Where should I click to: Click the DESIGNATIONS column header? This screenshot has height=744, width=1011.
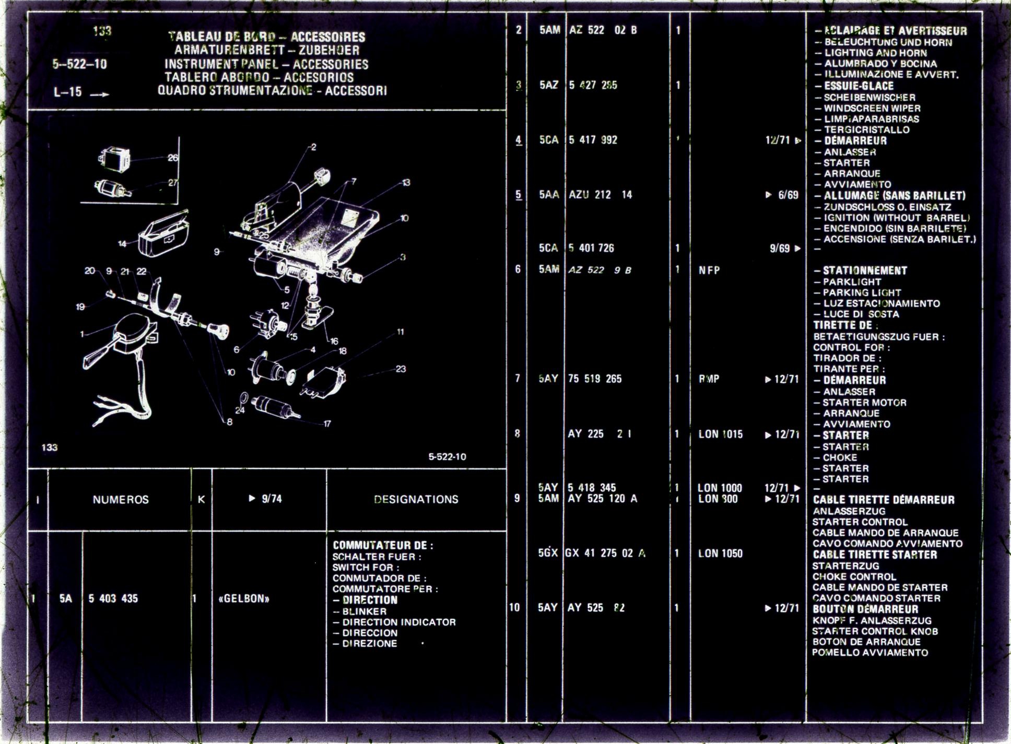pyautogui.click(x=416, y=500)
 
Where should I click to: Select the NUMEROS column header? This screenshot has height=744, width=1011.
pyautogui.click(x=121, y=500)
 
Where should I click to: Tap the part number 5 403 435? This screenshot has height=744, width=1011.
pyautogui.click(x=113, y=599)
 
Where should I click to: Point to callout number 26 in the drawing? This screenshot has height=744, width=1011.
pyautogui.click(x=173, y=158)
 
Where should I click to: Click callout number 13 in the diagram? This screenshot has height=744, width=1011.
pyautogui.click(x=406, y=183)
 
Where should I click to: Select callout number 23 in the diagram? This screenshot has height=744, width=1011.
pyautogui.click(x=401, y=369)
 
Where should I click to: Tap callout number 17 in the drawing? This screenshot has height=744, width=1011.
pyautogui.click(x=327, y=424)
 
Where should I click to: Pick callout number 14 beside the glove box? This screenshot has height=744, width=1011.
pyautogui.click(x=122, y=244)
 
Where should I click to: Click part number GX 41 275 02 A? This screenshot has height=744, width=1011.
pyautogui.click(x=605, y=553)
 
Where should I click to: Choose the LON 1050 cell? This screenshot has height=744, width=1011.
pyautogui.click(x=720, y=553)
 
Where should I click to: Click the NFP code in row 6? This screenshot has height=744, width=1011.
pyautogui.click(x=709, y=270)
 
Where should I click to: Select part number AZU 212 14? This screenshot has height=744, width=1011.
pyautogui.click(x=601, y=195)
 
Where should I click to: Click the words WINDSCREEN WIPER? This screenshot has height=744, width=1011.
pyautogui.click(x=872, y=109)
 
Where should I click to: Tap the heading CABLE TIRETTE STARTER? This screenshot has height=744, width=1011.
pyautogui.click(x=875, y=555)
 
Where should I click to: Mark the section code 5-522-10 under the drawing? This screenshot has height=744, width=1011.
pyautogui.click(x=447, y=457)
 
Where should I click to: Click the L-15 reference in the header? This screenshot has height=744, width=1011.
pyautogui.click(x=68, y=92)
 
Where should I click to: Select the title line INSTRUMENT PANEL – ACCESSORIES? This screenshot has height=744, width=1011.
pyautogui.click(x=266, y=65)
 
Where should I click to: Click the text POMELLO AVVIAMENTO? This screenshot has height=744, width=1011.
pyautogui.click(x=870, y=653)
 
